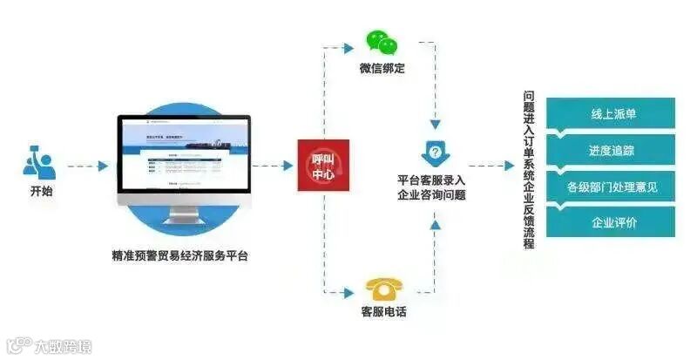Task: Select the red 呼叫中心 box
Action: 323,165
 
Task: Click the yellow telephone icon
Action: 383,288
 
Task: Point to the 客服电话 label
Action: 383,311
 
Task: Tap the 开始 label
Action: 40,190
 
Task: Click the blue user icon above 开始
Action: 39,163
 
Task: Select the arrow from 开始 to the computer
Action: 88,165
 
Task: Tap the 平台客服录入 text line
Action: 432,180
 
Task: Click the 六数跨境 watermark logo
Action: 48,346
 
